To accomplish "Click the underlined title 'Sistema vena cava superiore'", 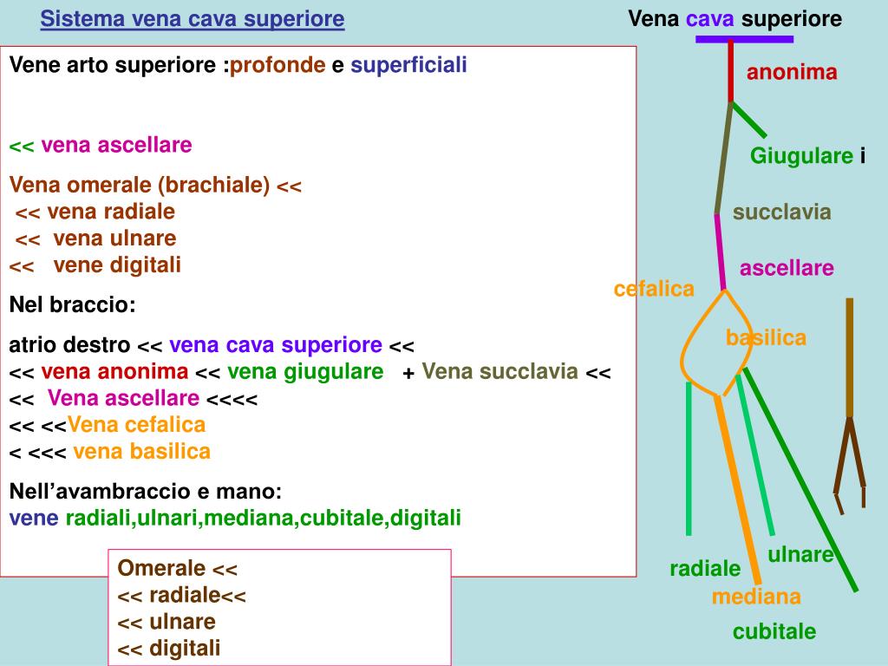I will (193, 19).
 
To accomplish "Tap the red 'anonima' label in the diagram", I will (792, 73).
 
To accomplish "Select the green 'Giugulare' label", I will (801, 156).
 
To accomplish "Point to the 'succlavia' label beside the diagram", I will (781, 212).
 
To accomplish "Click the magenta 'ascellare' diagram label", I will (787, 269).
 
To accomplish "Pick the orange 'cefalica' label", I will (654, 290).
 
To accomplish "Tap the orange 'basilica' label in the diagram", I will (766, 338).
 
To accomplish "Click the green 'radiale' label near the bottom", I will (705, 569).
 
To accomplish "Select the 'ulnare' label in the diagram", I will (800, 555).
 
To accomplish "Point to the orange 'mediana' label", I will (756, 597).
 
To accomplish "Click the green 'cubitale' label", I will (774, 631).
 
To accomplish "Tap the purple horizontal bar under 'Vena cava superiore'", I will (744, 39).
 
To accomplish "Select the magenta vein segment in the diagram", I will (720, 251).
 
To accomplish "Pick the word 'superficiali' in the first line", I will (408, 65).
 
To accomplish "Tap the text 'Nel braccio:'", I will (72, 305).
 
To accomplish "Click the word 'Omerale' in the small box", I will (161, 569).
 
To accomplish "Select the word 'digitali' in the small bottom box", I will (185, 648).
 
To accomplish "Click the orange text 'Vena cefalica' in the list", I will (136, 425).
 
